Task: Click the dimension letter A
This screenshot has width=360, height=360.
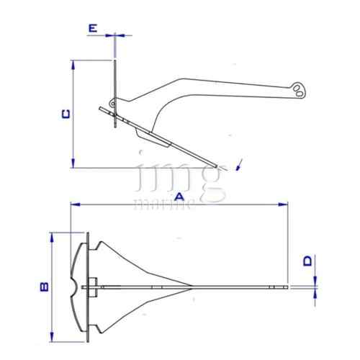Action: pos(179,197)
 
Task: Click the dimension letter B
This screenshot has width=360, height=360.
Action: pos(45,287)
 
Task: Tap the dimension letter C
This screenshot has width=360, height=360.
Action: pos(66,114)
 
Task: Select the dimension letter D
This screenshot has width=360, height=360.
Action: pos(307,261)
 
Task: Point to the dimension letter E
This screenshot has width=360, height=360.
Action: pos(93,28)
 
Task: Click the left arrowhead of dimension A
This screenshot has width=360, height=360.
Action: pos(75,204)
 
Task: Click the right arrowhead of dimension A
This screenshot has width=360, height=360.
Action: pos(283,204)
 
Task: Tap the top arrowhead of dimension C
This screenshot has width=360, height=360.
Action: pos(73,65)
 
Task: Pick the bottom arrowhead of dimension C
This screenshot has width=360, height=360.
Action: pos(73,163)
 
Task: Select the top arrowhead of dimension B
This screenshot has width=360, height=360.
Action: pos(52,237)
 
